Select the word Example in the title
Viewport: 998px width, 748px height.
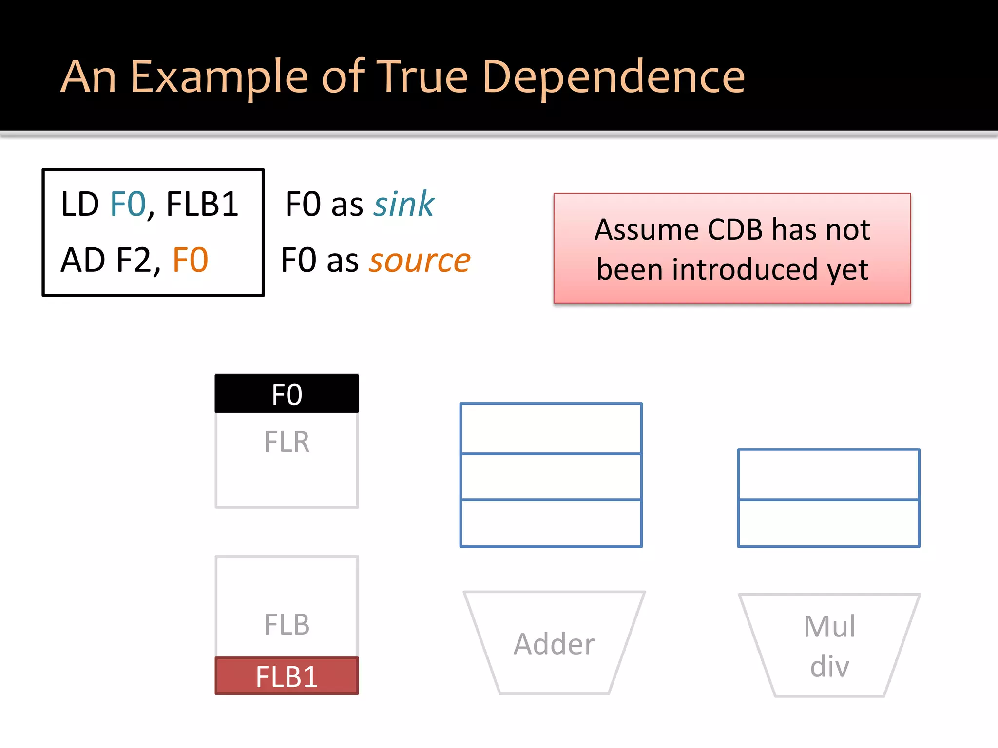click(x=219, y=78)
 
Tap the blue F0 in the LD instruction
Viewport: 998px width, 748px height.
click(x=128, y=204)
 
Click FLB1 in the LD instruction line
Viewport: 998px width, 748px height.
click(x=202, y=204)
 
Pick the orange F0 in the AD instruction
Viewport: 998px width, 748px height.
click(x=190, y=260)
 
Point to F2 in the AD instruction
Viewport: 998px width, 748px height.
click(x=133, y=260)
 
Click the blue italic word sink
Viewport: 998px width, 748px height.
click(x=404, y=204)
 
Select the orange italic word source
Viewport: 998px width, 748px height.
click(x=420, y=260)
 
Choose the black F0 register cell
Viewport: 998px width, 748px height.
click(x=287, y=394)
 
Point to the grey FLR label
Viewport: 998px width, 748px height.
click(x=287, y=442)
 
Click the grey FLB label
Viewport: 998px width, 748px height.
click(x=287, y=625)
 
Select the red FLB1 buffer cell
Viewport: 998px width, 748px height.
click(x=287, y=676)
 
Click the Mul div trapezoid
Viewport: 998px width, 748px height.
click(x=829, y=646)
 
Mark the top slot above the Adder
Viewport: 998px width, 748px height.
click(x=551, y=429)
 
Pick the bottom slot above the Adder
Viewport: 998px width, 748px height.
click(x=551, y=523)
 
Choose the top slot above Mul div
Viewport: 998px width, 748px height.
click(x=828, y=474)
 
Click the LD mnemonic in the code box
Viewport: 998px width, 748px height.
click(x=80, y=204)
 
